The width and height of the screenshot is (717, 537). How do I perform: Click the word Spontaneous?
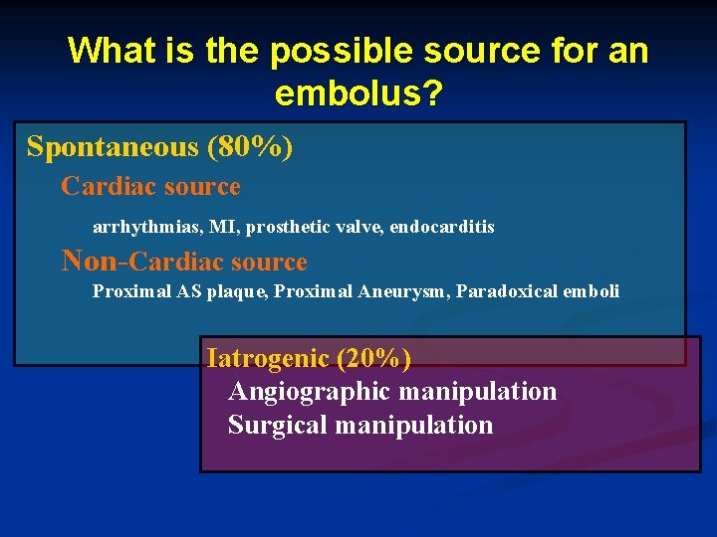[113, 147]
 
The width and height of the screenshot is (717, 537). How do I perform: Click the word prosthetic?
[287, 227]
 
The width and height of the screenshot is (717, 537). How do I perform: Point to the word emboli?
[592, 291]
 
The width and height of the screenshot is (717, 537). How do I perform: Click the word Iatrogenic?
[266, 357]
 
